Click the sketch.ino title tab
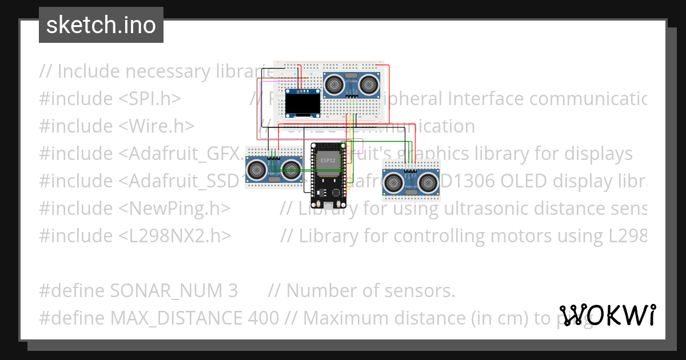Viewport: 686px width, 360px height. pos(101,25)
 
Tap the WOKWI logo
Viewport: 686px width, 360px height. pos(608,315)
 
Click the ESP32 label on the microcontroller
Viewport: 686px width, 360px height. pos(328,161)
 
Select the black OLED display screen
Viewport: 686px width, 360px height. pos(302,104)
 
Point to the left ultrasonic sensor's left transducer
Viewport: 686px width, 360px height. pos(257,170)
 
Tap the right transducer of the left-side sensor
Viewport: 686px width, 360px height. pos(292,170)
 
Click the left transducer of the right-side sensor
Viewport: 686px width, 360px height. pos(394,182)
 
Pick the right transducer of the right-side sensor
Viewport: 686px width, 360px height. pos(428,182)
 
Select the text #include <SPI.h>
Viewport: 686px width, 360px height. pos(110,99)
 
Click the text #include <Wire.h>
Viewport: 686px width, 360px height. pos(117,126)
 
